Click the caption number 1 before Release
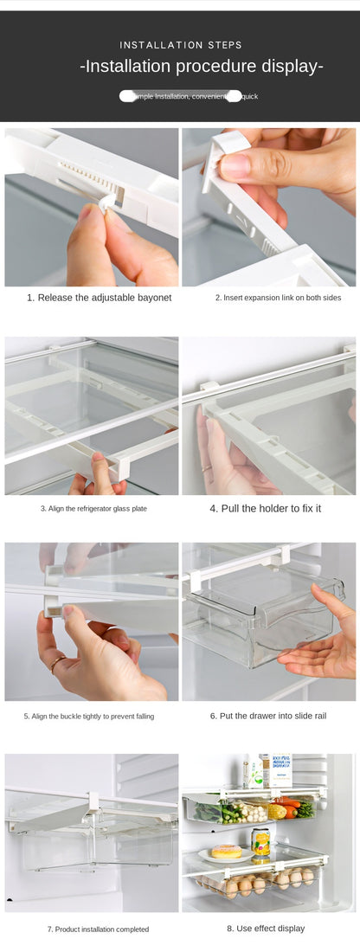30,298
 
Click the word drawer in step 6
271,716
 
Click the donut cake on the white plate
227,851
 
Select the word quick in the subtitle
250,96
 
